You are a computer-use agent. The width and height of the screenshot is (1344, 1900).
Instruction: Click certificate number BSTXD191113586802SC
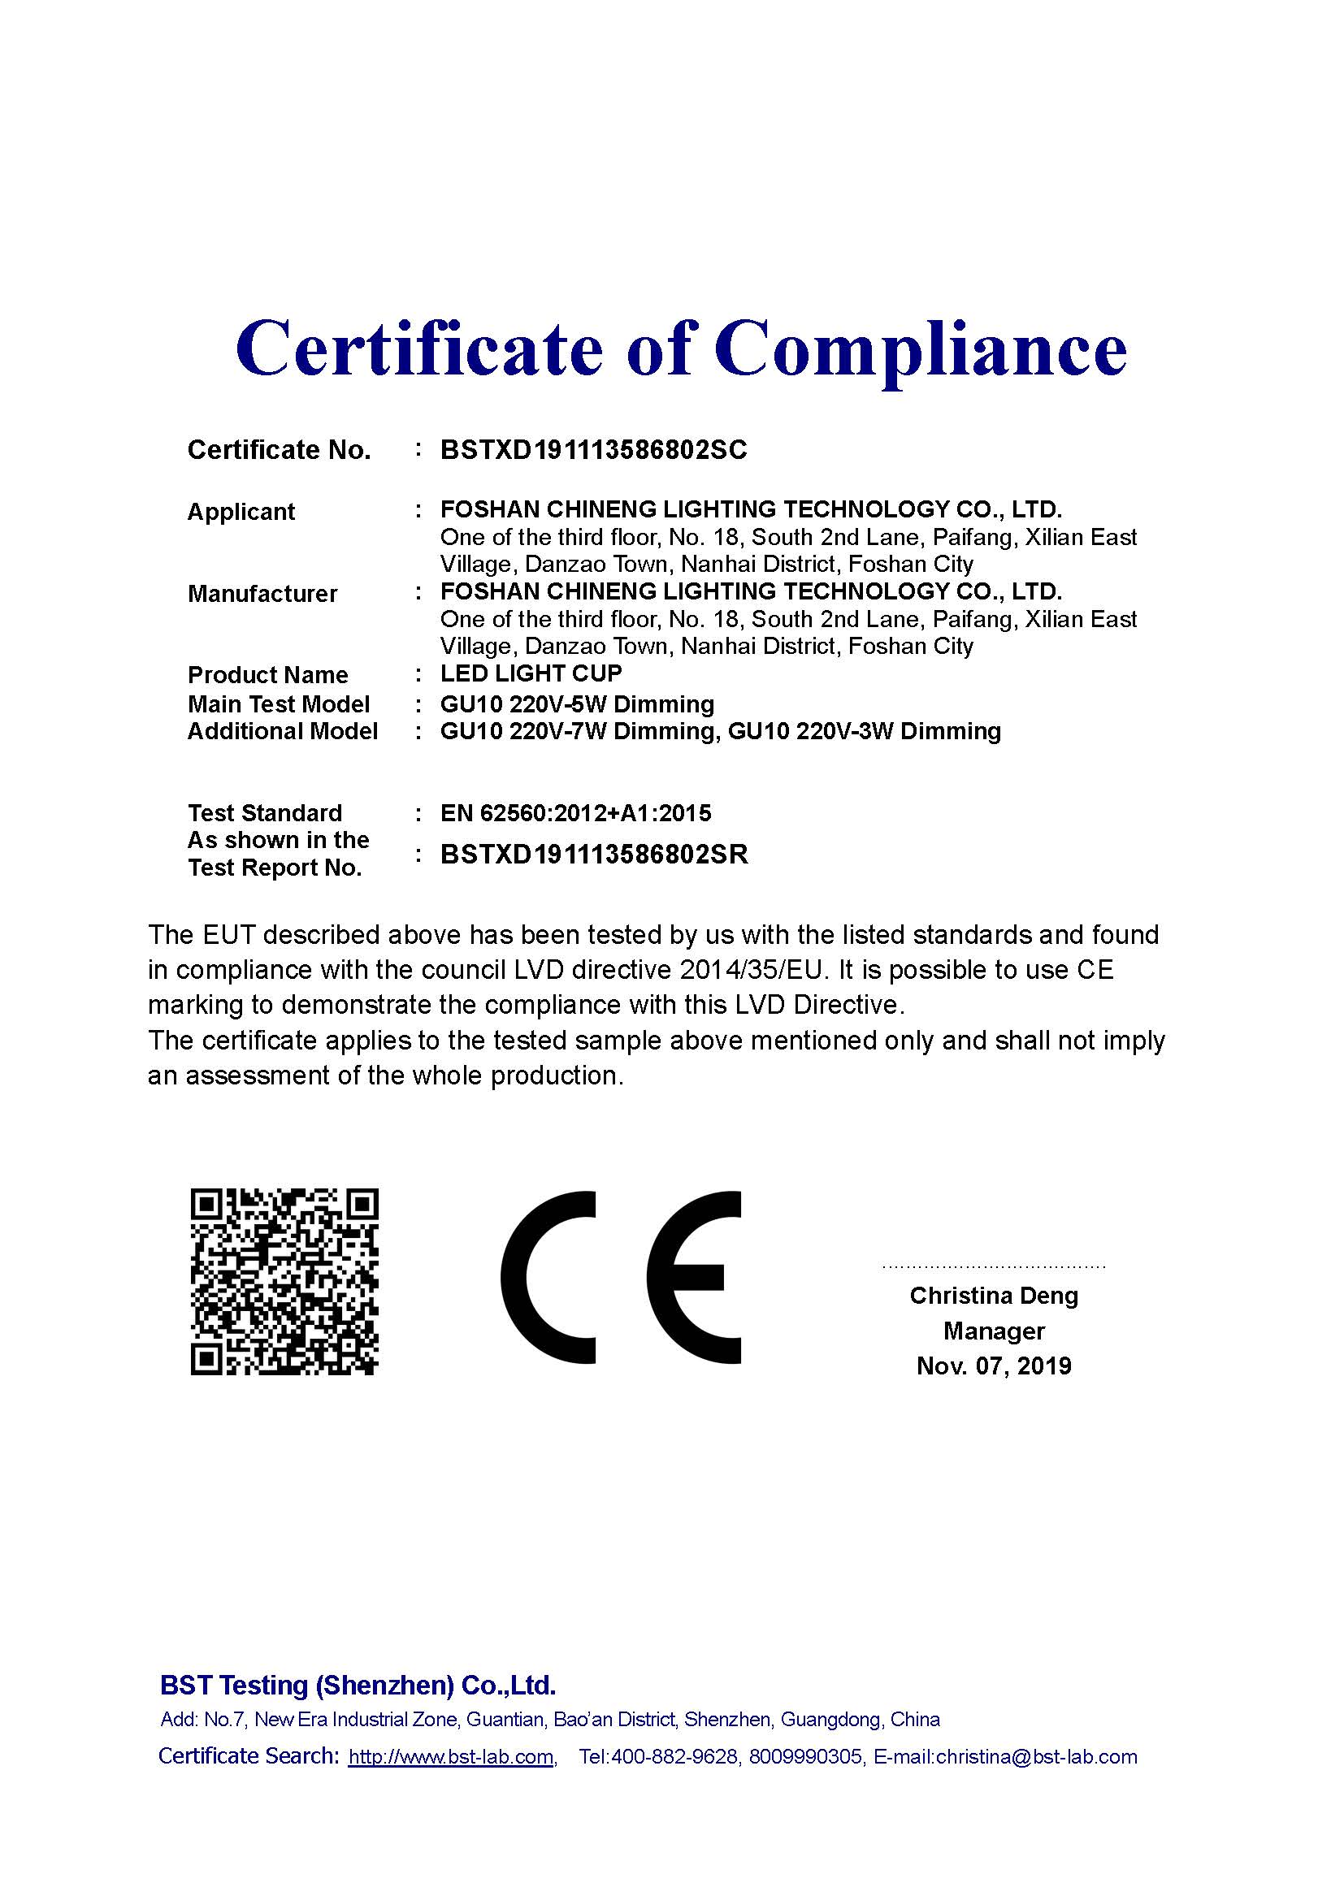pos(593,450)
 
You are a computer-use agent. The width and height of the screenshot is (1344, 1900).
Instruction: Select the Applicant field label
pos(241,513)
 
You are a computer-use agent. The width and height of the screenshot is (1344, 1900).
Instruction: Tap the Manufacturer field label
pos(262,594)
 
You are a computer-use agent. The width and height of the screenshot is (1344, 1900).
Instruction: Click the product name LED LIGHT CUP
pos(531,673)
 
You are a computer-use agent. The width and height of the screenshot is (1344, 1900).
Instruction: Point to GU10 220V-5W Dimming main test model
pos(577,704)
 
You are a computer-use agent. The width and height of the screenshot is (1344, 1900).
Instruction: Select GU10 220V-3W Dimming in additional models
pos(864,732)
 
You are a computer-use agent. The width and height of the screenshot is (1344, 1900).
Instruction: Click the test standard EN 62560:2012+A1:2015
pos(575,813)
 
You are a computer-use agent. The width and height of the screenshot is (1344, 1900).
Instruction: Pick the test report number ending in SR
pos(593,855)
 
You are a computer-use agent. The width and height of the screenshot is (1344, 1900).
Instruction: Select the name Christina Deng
pos(993,1296)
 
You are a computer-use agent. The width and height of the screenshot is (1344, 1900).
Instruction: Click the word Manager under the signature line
pos(993,1331)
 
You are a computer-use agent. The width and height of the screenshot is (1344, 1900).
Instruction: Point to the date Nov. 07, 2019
pos(993,1366)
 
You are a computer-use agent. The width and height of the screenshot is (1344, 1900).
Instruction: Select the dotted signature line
pos(993,1267)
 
